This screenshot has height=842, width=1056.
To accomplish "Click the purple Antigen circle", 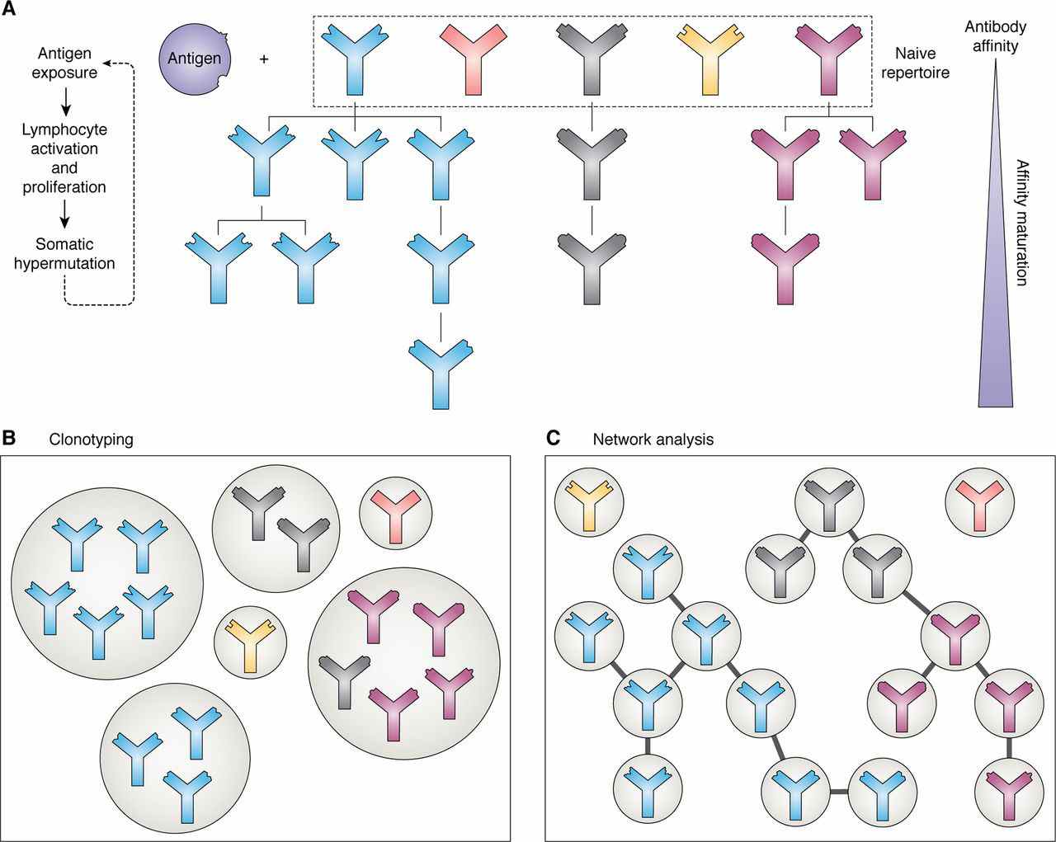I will (195, 59).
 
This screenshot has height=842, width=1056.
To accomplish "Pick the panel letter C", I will (554, 438).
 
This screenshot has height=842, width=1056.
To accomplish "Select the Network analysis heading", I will (653, 440).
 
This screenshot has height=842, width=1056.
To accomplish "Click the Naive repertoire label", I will (922, 64).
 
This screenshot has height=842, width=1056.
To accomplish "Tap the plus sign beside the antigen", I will (264, 59).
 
